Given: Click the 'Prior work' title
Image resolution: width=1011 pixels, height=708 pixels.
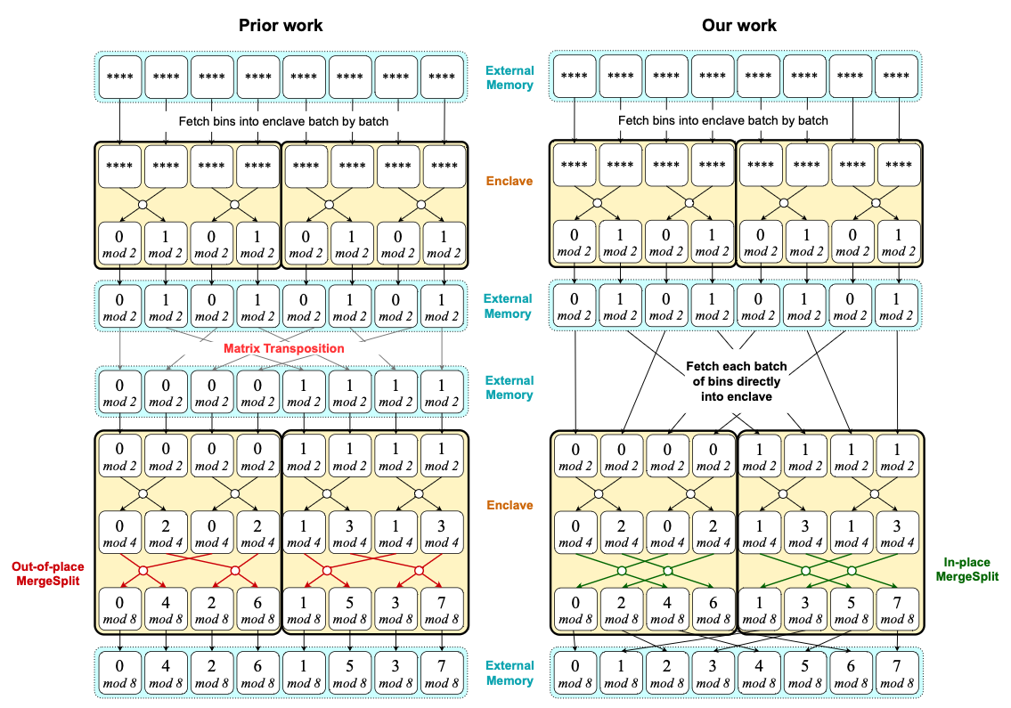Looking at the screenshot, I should (x=280, y=25).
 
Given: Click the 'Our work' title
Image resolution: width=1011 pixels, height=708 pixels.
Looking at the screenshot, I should (x=738, y=25).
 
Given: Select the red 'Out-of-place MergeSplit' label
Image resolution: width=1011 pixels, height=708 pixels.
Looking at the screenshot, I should (x=45, y=575).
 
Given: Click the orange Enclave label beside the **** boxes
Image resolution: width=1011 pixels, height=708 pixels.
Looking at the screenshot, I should (x=509, y=181).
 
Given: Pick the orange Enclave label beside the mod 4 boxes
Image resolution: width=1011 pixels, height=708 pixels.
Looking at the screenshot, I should (x=509, y=505).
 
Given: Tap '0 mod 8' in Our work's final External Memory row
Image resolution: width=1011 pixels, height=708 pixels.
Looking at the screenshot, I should (x=575, y=673).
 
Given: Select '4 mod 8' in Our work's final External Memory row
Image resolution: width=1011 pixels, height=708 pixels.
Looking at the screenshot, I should (x=760, y=673).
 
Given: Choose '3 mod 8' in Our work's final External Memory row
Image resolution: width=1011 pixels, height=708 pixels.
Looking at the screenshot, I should (x=713, y=673).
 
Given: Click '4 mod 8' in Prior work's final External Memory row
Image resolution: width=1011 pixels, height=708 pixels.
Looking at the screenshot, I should (x=166, y=673).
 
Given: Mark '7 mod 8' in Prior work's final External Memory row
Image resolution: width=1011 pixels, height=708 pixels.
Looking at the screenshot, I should (x=443, y=673).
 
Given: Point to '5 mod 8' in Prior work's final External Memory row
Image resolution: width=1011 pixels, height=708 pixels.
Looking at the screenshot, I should (x=351, y=673).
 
